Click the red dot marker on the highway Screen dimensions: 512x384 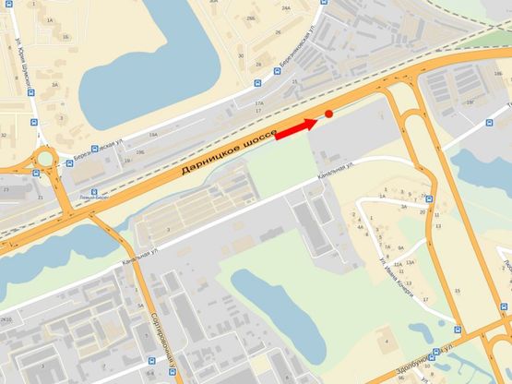click(x=329, y=114)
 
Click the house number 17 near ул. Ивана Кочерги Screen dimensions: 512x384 click(x=425, y=300)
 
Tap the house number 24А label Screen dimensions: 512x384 click(x=286, y=7)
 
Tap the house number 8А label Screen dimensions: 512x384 click(x=400, y=248)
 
